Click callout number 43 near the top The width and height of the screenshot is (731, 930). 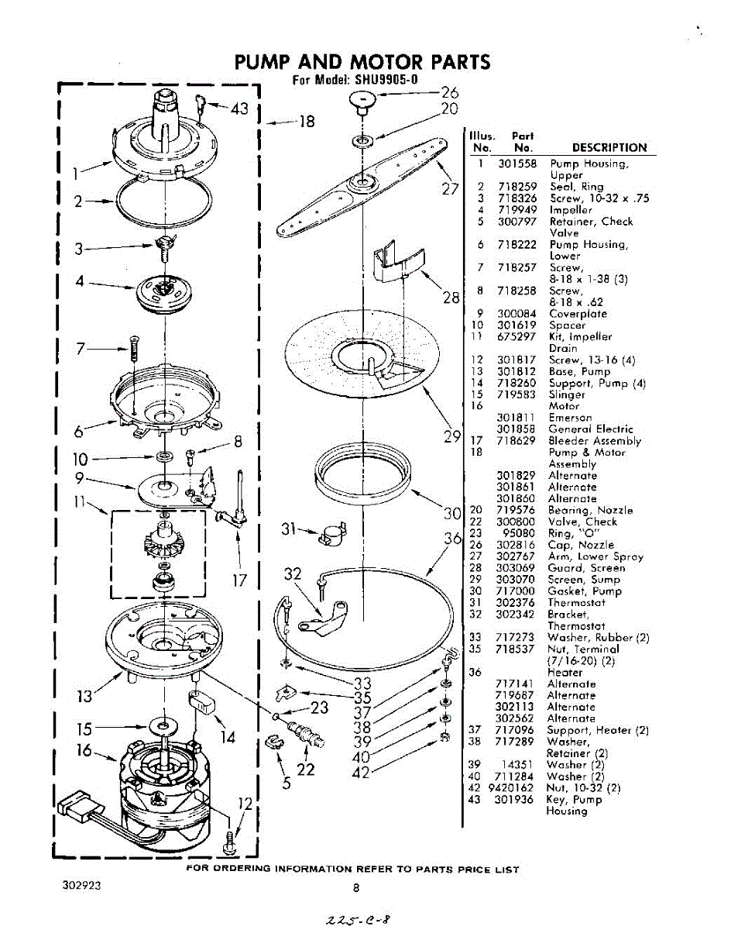239,109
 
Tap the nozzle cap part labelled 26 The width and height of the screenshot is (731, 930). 362,98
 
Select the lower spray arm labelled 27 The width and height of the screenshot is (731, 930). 364,184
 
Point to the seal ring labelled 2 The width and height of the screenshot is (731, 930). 163,200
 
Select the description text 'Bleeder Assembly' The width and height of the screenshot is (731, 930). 595,441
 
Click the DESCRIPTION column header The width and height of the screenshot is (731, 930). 609,147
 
